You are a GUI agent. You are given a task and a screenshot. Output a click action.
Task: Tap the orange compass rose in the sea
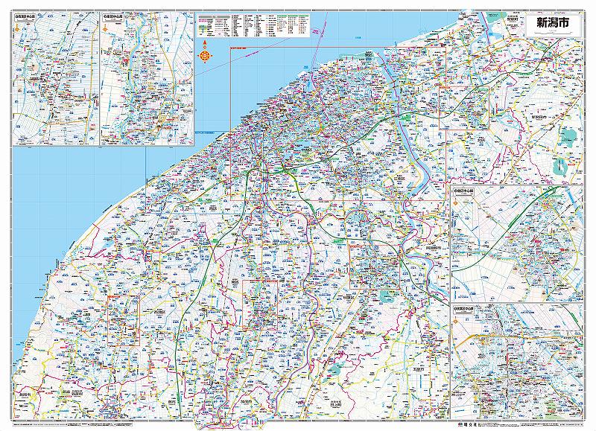click(x=204, y=53)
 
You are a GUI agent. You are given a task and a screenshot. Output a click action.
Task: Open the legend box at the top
click(x=253, y=25)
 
